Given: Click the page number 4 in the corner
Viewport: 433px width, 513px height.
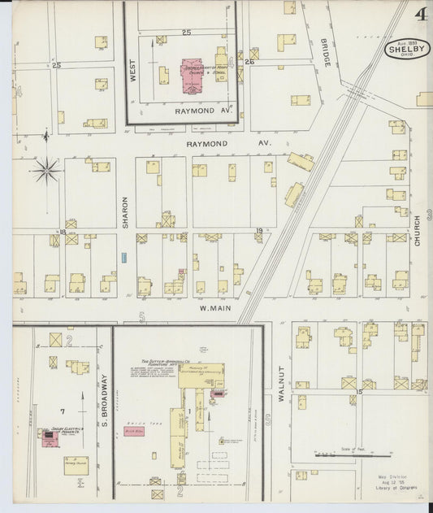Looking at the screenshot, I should point(420,14).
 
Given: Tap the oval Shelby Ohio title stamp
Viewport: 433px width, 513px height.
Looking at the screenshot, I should point(407,48).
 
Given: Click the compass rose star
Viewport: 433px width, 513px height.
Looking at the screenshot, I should point(46,171).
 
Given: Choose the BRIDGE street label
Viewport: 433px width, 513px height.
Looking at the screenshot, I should point(324,53).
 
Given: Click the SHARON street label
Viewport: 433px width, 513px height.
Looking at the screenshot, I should point(125,211).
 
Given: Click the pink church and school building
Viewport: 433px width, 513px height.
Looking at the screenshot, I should point(193,68).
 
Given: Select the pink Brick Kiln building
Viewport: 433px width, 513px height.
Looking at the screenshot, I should point(135,431).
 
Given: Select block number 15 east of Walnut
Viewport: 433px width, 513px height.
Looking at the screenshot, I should point(357,392).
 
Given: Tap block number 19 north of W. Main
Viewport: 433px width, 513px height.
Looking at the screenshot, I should point(259,232).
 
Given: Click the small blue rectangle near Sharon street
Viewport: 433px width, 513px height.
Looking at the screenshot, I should point(124,257).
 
